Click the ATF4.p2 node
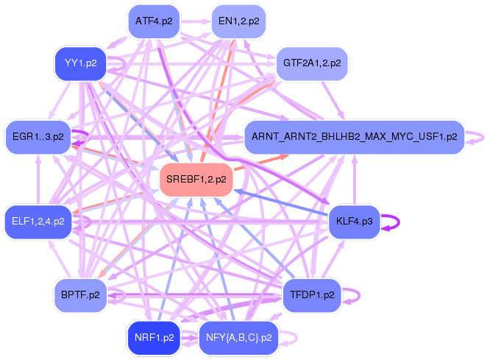[154, 21]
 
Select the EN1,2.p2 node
[239, 21]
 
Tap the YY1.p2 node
[81, 63]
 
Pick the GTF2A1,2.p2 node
[312, 63]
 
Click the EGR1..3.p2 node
[38, 137]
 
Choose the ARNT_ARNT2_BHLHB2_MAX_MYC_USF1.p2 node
[355, 137]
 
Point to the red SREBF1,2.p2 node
[196, 180]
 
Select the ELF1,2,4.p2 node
[38, 222]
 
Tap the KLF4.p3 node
[355, 222]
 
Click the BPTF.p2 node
[80, 295]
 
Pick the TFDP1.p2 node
[312, 295]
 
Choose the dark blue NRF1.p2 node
[154, 338]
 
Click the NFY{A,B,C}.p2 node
[239, 338]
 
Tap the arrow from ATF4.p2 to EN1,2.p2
[196, 21]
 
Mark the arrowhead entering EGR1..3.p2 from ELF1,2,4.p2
[38, 158]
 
